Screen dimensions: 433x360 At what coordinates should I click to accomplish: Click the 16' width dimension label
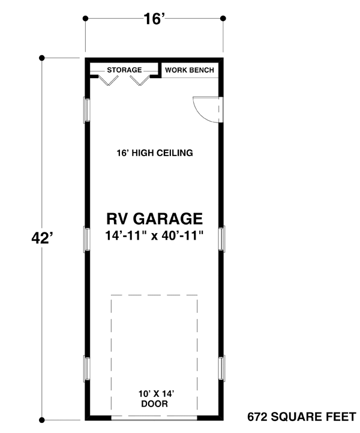[x=154, y=19]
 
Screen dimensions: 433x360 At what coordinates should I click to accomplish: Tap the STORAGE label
[x=124, y=70]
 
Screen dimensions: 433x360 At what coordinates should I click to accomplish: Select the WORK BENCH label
[x=189, y=70]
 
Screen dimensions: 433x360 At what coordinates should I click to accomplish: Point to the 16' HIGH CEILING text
[x=155, y=153]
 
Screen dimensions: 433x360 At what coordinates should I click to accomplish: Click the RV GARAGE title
[x=155, y=218]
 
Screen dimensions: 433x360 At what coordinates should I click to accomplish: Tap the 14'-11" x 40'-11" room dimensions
[x=155, y=235]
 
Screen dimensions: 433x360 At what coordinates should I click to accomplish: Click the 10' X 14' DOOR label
[x=155, y=399]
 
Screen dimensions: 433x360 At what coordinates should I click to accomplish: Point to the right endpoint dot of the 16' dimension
[x=224, y=19]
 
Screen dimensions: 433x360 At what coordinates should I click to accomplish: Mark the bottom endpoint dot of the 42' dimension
[x=42, y=419]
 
